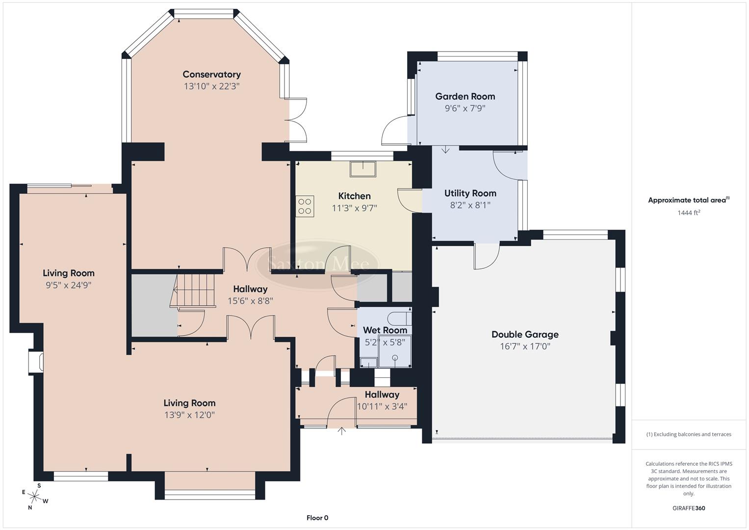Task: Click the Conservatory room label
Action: coord(211,75)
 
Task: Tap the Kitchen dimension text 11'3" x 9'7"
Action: coord(354,208)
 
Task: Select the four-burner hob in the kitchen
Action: coord(305,206)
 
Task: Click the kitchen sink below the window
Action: coord(362,168)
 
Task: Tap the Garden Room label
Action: coord(465,97)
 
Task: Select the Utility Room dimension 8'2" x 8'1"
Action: coord(470,205)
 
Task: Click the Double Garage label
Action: coord(525,335)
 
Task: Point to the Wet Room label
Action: coord(385,330)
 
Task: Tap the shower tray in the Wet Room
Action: coord(395,352)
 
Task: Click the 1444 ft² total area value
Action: coord(689,212)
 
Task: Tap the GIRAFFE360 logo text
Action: coord(689,508)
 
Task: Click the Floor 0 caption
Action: coord(317,518)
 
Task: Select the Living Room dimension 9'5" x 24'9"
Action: coord(69,285)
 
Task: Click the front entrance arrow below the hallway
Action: coord(341,431)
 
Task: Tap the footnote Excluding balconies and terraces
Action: coord(689,434)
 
